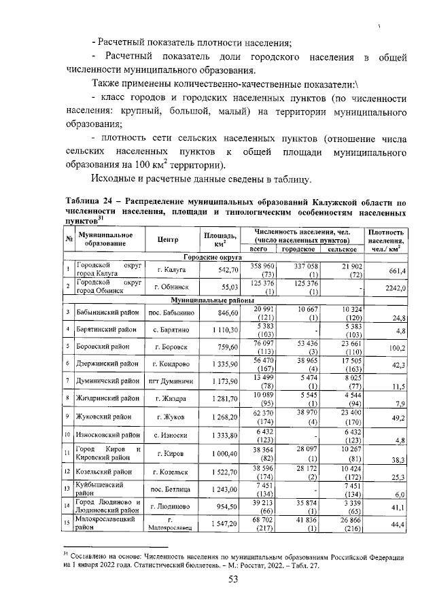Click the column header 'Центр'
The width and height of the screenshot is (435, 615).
[x=167, y=239]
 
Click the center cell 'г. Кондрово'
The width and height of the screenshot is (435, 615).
[x=167, y=365]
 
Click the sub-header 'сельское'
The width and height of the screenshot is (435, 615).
[x=342, y=249]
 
